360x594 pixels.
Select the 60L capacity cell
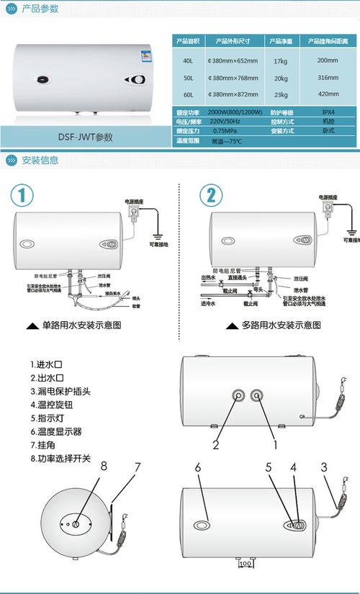pyautogui.click(x=188, y=94)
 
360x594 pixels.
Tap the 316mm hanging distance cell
pyautogui.click(x=328, y=77)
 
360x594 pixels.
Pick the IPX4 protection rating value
pyautogui.click(x=328, y=112)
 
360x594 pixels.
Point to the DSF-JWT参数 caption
pyautogui.click(x=86, y=136)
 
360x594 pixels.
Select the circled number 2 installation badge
pyautogui.click(x=210, y=196)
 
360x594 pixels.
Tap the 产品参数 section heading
pyautogui.click(x=41, y=9)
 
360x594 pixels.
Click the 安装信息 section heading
pyautogui.click(x=41, y=160)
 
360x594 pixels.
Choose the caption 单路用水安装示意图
pyautogui.click(x=81, y=325)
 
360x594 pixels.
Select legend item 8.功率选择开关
pyautogui.click(x=60, y=457)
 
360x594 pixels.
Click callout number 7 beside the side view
pyautogui.click(x=136, y=467)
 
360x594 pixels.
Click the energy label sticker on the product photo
pyautogui.click(x=146, y=57)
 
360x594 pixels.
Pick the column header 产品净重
pyautogui.click(x=282, y=40)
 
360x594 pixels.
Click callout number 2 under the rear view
pyautogui.click(x=215, y=444)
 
